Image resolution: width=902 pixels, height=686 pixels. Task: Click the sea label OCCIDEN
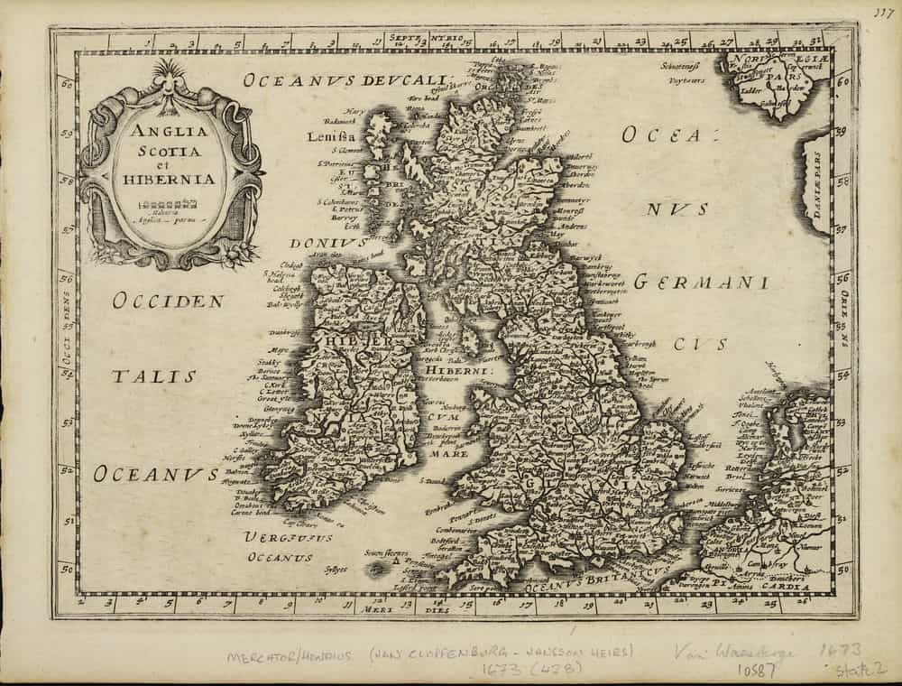point(168,301)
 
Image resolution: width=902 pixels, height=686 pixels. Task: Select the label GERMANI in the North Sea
point(701,283)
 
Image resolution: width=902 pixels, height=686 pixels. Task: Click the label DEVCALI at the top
point(404,79)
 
